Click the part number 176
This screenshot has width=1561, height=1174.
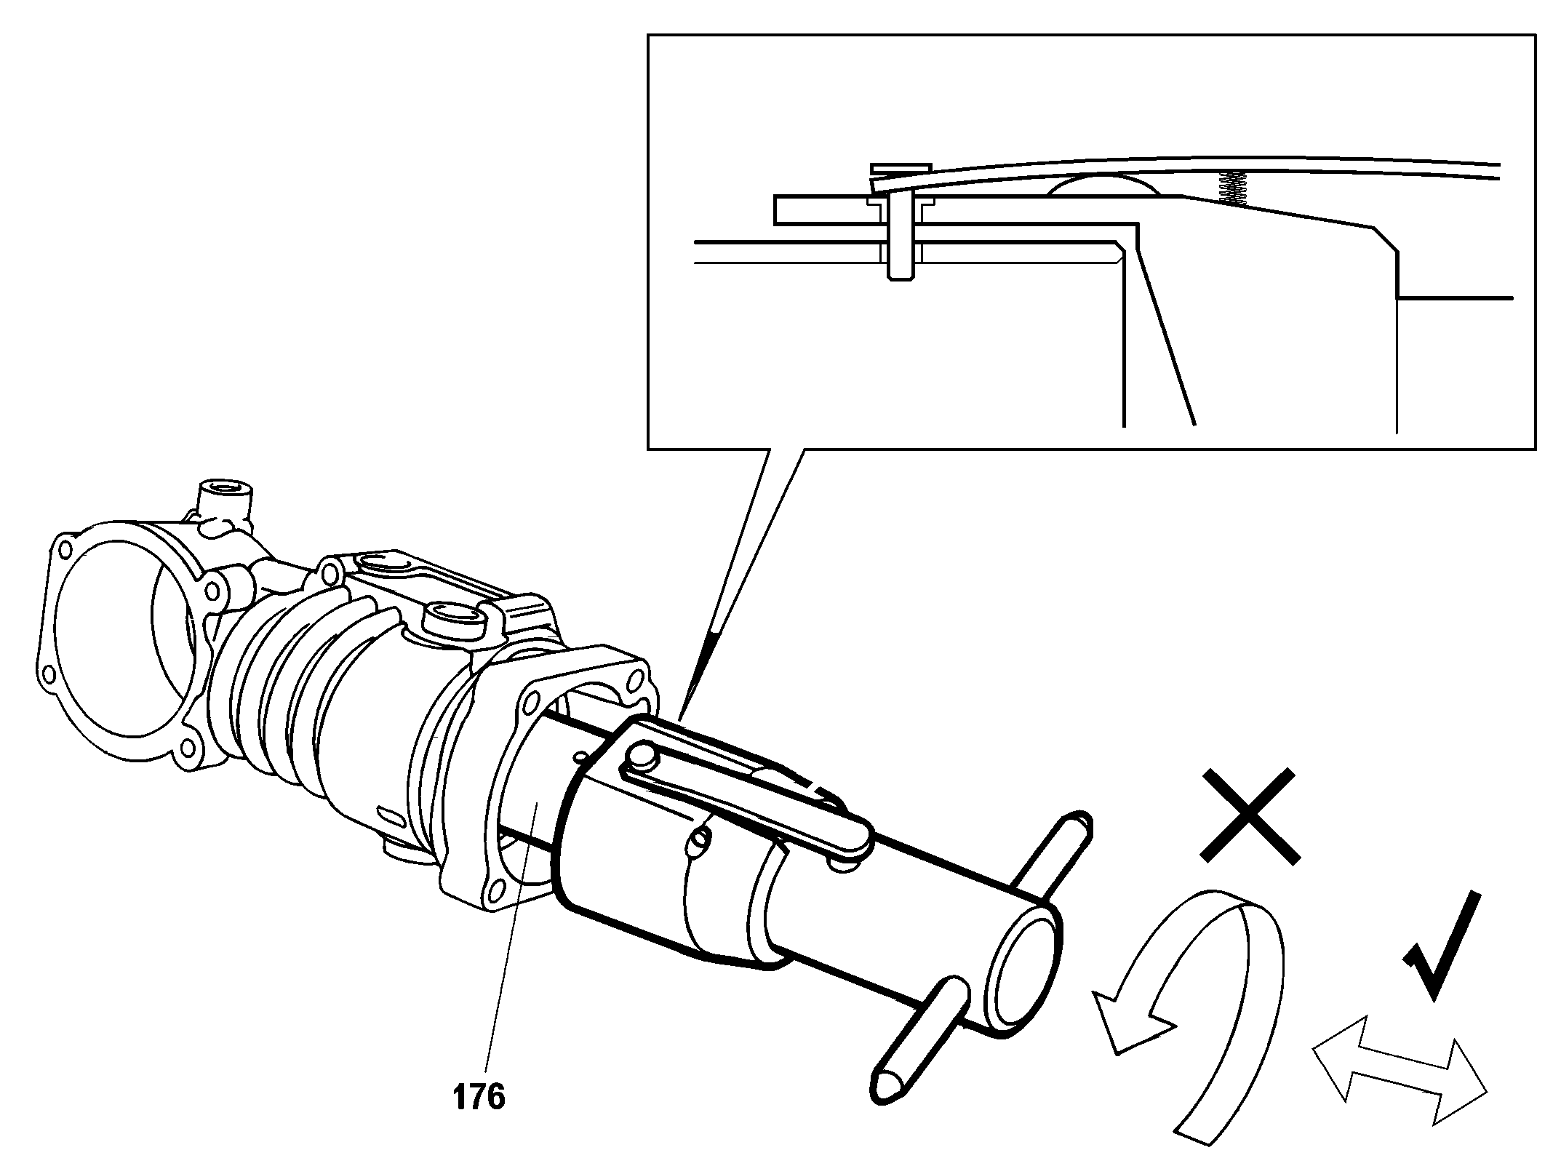point(479,1097)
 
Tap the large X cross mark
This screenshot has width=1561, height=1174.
point(1249,817)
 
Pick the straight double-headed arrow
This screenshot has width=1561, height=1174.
point(1399,1081)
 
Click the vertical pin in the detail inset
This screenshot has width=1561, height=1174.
point(901,240)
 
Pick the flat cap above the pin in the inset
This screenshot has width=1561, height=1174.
point(901,169)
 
